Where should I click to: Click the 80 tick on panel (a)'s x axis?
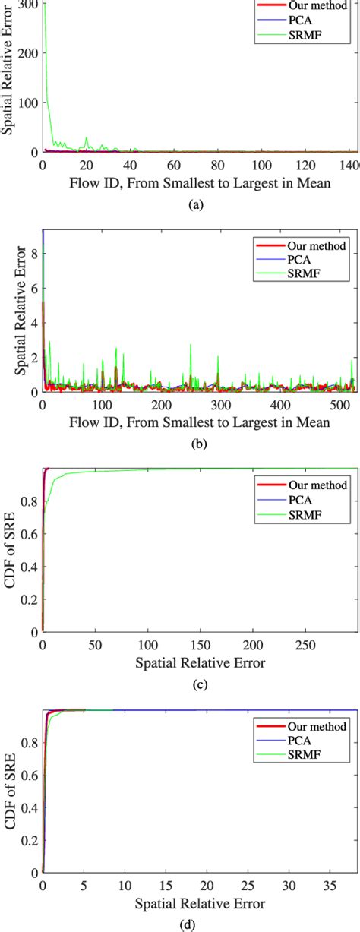tap(218, 165)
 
